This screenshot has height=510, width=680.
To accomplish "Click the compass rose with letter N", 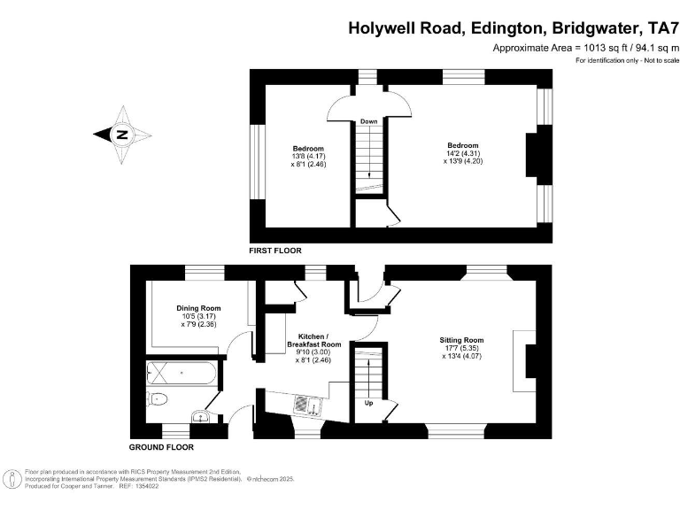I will pos(122,135).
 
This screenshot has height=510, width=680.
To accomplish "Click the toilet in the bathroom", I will pos(158,398).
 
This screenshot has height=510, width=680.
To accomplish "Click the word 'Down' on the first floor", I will pos(369,120).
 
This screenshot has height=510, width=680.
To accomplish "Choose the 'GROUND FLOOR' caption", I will pos(161,447).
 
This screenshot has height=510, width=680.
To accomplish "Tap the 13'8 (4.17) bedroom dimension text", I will pos(308,156).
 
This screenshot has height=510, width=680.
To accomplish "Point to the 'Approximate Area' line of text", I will pos(584,48).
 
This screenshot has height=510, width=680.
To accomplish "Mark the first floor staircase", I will pos(368,157).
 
